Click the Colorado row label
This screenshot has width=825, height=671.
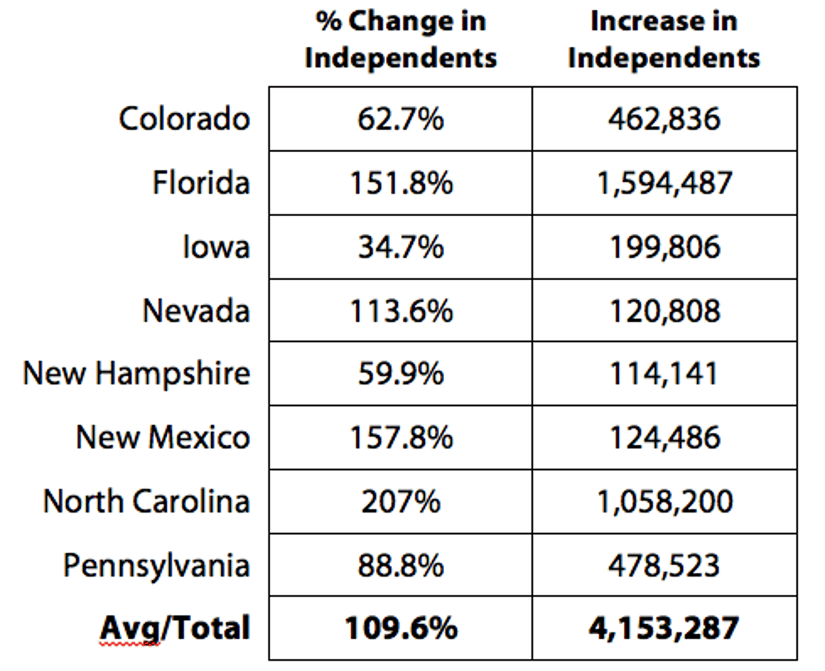click(x=184, y=119)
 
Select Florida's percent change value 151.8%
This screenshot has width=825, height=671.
click(x=401, y=183)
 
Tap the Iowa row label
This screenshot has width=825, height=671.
click(x=216, y=247)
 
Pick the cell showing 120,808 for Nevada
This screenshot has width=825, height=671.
click(x=664, y=310)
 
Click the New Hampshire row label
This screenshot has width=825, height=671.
click(x=137, y=373)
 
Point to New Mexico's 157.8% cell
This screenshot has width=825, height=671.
click(x=401, y=437)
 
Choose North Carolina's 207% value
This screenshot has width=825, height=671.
click(x=401, y=502)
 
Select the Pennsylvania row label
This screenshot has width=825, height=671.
click(x=156, y=566)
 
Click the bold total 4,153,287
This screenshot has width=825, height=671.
click(x=664, y=628)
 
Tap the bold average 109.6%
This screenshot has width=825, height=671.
click(x=401, y=628)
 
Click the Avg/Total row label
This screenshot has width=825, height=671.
click(x=175, y=628)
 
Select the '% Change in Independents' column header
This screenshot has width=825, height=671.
click(x=401, y=40)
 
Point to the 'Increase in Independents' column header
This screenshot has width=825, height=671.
click(x=664, y=40)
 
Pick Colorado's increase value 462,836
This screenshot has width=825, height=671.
click(x=664, y=119)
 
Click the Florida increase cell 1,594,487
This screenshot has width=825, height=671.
click(x=664, y=183)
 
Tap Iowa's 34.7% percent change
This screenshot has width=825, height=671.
click(x=401, y=247)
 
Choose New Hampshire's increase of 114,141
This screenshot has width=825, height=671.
click(x=663, y=373)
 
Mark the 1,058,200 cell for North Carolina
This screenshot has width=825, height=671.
click(x=664, y=502)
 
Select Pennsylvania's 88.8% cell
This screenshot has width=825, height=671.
click(x=401, y=566)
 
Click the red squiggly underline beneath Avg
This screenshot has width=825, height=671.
click(x=130, y=644)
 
